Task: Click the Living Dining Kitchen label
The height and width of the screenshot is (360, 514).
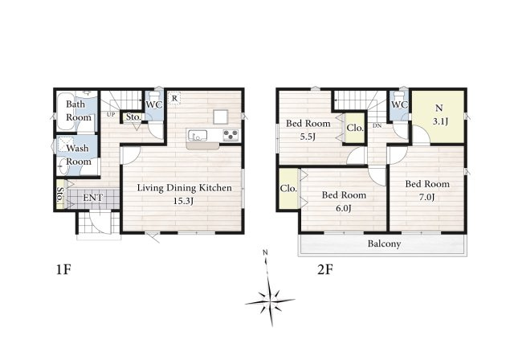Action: click(184, 188)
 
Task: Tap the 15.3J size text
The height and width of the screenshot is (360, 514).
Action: click(183, 202)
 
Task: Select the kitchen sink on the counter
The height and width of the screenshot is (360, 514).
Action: click(198, 136)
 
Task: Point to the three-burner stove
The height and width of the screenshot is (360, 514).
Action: click(230, 136)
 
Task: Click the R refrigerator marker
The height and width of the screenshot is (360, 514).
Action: click(174, 98)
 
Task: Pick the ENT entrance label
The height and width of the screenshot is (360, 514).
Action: click(93, 198)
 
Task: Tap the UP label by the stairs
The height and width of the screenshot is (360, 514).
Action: click(111, 115)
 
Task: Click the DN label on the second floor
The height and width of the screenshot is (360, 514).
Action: click(377, 125)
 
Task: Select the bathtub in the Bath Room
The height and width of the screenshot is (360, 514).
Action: click(67, 112)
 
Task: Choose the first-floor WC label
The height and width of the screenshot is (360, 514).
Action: click(153, 105)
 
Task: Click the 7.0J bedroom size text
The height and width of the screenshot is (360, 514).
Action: click(426, 198)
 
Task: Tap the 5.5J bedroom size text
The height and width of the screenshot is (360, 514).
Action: click(308, 137)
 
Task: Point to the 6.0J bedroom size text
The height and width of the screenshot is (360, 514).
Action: click(343, 208)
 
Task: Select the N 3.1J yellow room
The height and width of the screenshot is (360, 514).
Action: click(438, 117)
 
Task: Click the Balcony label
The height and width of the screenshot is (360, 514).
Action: click(384, 244)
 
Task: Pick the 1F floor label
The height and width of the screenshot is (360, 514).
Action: click(63, 270)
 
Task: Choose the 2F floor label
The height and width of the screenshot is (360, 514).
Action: click(325, 270)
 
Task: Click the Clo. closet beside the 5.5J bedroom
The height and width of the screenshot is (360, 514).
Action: click(355, 128)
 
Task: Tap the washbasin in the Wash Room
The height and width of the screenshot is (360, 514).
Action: click(63, 168)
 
